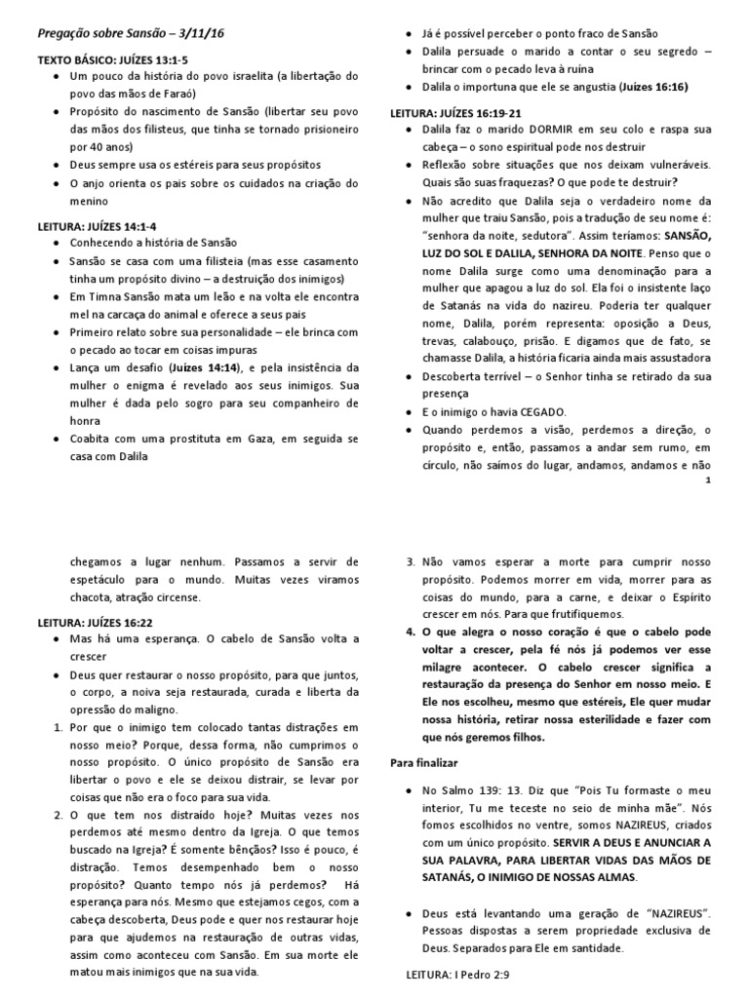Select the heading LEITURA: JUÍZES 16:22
(93, 621)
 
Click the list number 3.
(410, 561)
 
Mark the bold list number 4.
(410, 632)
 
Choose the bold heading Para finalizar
(423, 760)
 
